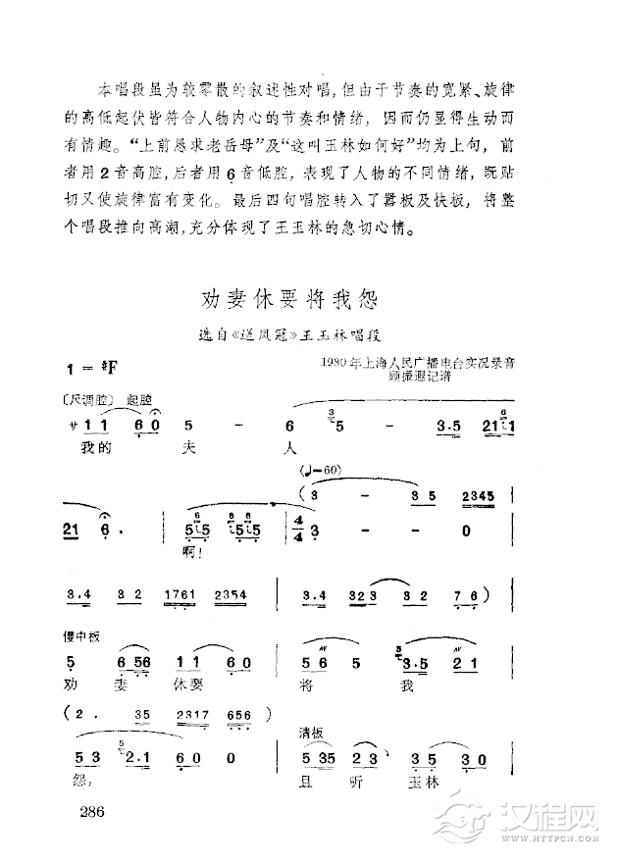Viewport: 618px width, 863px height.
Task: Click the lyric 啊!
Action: pyautogui.click(x=192, y=552)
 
